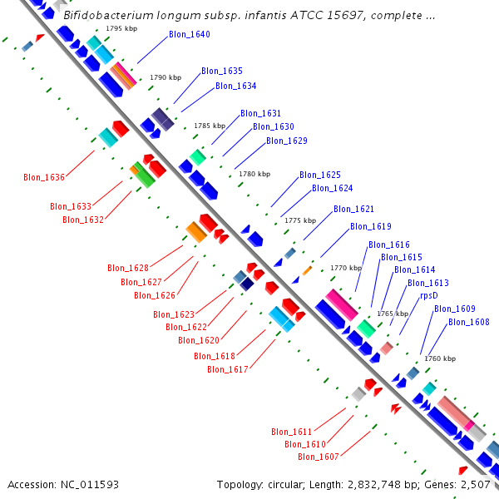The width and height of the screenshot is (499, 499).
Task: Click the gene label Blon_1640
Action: coord(189,35)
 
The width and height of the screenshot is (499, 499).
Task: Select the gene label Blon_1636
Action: coord(44,177)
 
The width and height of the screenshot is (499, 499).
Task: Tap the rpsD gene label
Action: coord(428,295)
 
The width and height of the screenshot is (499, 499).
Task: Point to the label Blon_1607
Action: coord(319,457)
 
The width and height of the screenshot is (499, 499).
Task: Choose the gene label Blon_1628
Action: coord(128,268)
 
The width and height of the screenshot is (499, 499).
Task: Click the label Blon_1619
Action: coord(370,226)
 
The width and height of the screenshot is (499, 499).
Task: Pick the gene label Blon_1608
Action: coord(468,322)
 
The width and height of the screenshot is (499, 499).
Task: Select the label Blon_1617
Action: coord(227,369)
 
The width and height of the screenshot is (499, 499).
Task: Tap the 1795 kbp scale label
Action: coord(121,28)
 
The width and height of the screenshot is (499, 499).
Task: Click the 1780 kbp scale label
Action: coord(254,174)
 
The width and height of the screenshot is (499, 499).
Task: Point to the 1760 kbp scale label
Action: coord(440,358)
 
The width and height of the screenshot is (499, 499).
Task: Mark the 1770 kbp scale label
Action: coord(346,268)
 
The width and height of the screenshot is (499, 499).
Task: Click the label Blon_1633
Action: coord(71,206)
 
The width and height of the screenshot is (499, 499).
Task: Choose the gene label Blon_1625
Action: coord(320,175)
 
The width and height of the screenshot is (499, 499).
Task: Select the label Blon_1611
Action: coord(292,432)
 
